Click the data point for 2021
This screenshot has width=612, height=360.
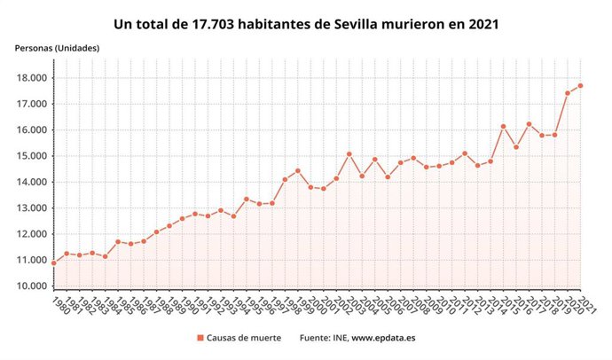click(580, 85)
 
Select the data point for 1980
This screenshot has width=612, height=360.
click(54, 263)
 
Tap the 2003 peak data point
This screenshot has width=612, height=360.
click(349, 154)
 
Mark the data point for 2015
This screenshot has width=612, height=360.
click(503, 127)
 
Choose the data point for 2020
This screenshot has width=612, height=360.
click(568, 93)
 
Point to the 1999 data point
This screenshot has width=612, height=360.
click(298, 171)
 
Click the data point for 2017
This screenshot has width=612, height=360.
click(529, 124)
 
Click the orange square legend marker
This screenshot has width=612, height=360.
click(200, 338)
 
